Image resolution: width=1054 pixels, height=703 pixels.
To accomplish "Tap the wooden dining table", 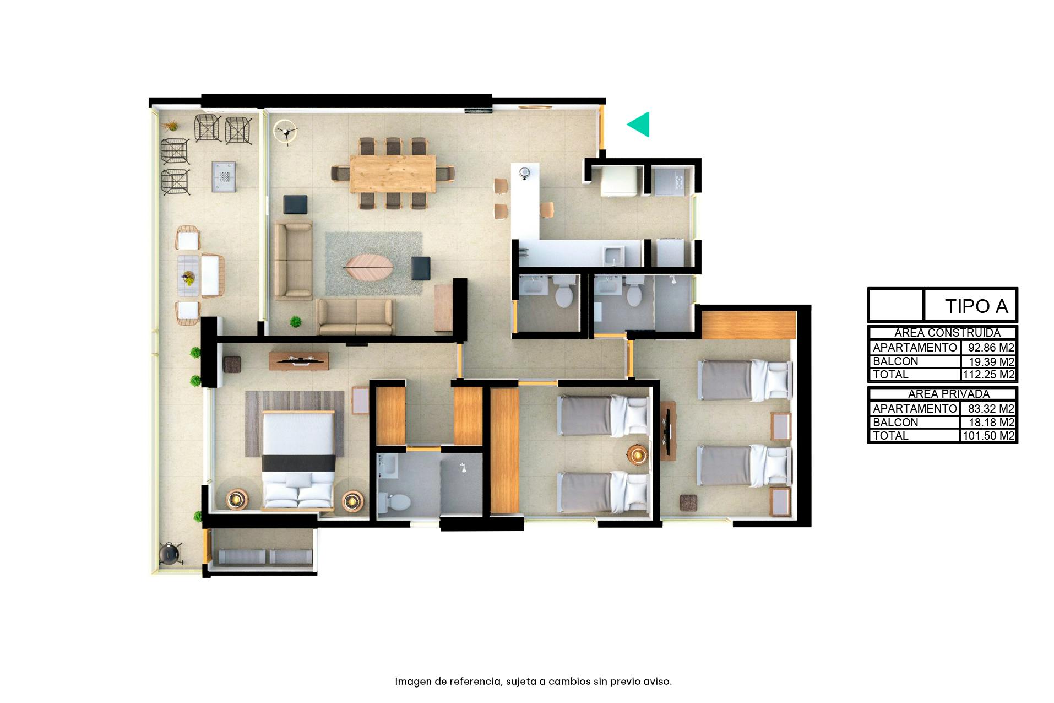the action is pyautogui.click(x=393, y=174).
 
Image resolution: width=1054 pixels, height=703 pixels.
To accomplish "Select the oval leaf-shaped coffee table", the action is pyautogui.click(x=368, y=268).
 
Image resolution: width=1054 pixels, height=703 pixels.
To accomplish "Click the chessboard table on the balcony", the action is pyautogui.click(x=224, y=177).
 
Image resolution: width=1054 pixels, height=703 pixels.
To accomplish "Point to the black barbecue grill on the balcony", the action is pyautogui.click(x=170, y=553).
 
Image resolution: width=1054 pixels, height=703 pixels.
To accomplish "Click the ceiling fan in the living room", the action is pyautogui.click(x=286, y=132).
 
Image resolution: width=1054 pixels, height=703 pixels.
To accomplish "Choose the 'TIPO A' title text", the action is pyautogui.click(x=976, y=306).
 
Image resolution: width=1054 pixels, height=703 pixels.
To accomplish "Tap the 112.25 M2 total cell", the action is pyautogui.click(x=988, y=375).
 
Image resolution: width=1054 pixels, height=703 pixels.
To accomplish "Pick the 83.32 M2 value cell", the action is pyautogui.click(x=991, y=409).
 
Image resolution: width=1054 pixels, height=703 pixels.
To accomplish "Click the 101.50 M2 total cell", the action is pyautogui.click(x=988, y=436).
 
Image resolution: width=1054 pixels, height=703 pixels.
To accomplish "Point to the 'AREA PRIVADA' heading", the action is pyautogui.click(x=949, y=394).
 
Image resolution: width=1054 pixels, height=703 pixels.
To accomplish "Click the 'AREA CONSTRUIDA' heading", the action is pyautogui.click(x=947, y=333).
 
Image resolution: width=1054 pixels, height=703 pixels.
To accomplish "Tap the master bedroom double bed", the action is pyautogui.click(x=298, y=460).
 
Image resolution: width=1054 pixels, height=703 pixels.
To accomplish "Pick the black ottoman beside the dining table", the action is pyautogui.click(x=296, y=204).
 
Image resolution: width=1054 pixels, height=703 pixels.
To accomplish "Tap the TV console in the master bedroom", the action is pyautogui.click(x=298, y=361).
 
